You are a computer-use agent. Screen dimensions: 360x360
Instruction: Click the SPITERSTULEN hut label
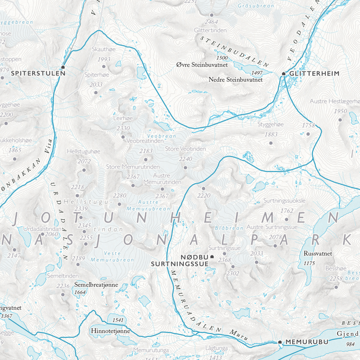(x=38, y=73)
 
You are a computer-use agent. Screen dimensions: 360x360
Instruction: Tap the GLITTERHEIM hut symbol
(x=284, y=74)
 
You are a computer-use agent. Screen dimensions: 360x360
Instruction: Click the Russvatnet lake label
(x=318, y=253)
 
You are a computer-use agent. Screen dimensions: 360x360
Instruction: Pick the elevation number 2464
(x=211, y=21)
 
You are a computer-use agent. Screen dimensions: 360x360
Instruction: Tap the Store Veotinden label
(x=185, y=149)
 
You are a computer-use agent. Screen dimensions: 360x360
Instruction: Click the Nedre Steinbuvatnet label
(x=235, y=80)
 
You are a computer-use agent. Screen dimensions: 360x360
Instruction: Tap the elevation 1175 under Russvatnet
(x=309, y=263)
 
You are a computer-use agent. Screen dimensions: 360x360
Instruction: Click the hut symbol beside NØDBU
(x=212, y=256)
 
